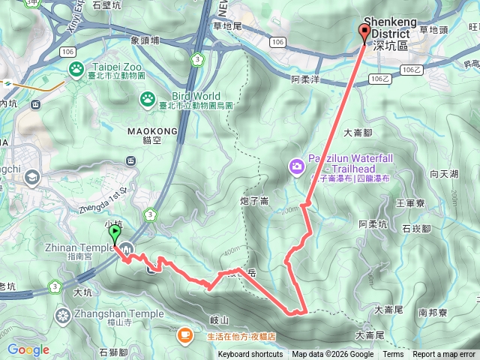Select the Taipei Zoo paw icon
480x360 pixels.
click(x=77, y=70)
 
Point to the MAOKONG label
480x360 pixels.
click(x=152, y=130)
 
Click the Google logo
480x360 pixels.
click(x=28, y=349)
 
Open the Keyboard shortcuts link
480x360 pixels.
click(x=250, y=355)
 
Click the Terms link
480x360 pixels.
click(x=393, y=355)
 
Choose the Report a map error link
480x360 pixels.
click(x=444, y=355)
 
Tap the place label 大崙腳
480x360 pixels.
click(x=358, y=133)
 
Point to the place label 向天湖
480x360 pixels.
click(x=444, y=173)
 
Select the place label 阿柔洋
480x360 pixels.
click(x=305, y=78)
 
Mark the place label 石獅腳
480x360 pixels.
click(x=113, y=350)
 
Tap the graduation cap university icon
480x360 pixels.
click(x=32, y=177)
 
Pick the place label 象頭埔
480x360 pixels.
click(x=145, y=40)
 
